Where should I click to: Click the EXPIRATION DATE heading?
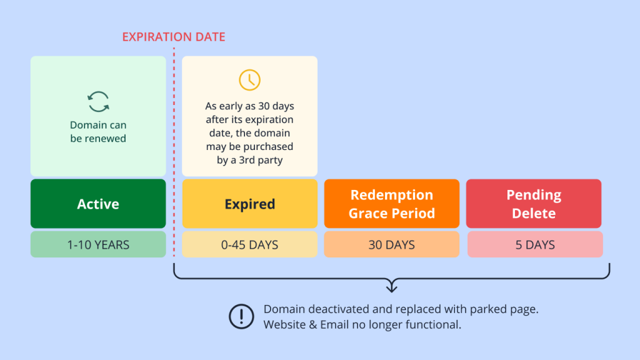pyautogui.click(x=173, y=37)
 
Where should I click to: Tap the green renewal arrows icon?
pyautogui.click(x=98, y=102)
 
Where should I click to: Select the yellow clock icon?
pyautogui.click(x=249, y=80)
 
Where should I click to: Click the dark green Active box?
pyautogui.click(x=98, y=204)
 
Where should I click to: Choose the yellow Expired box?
pyautogui.click(x=249, y=204)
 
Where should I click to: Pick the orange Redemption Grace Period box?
pyautogui.click(x=391, y=204)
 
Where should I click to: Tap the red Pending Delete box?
pyautogui.click(x=533, y=204)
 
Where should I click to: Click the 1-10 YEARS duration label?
pyautogui.click(x=98, y=245)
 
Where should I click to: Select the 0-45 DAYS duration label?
pyautogui.click(x=249, y=245)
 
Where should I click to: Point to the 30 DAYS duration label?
pyautogui.click(x=391, y=245)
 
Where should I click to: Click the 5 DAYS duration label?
pyautogui.click(x=535, y=245)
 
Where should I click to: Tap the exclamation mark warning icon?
pyautogui.click(x=241, y=316)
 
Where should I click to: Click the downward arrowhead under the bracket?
pyautogui.click(x=391, y=287)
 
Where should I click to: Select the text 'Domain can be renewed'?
pyautogui.click(x=98, y=132)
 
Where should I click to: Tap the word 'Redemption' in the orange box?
pyautogui.click(x=391, y=195)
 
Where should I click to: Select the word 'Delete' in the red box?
pyautogui.click(x=533, y=213)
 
